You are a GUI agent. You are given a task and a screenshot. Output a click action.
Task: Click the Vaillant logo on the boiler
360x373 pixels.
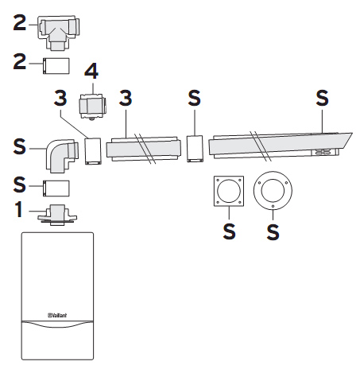point(57,315)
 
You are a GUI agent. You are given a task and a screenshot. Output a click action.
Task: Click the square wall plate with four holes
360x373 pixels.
point(229,191)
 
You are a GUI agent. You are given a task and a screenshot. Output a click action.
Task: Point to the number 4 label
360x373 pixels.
point(91,71)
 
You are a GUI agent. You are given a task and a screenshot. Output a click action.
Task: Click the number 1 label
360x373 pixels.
point(19,209)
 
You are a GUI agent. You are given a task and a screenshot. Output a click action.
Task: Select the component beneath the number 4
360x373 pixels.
point(92,107)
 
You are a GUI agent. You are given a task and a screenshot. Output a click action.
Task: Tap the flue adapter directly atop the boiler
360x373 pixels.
point(57,215)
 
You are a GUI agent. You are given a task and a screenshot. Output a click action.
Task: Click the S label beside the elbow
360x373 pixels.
point(20,146)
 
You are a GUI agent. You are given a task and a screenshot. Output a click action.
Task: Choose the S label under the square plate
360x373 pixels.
point(229,231)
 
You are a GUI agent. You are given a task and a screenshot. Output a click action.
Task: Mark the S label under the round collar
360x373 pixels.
point(273,232)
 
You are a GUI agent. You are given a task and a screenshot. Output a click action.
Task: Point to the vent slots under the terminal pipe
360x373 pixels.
point(323,152)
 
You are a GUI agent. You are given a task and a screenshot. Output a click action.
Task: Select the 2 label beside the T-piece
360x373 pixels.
point(20,23)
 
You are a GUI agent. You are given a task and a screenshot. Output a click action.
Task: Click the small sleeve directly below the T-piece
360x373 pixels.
point(56,66)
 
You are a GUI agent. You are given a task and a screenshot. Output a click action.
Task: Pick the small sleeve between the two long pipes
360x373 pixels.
point(195,149)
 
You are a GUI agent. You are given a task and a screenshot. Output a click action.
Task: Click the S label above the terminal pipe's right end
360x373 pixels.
point(322,99)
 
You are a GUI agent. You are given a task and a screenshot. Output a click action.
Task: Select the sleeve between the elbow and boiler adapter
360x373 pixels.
point(56,188)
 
